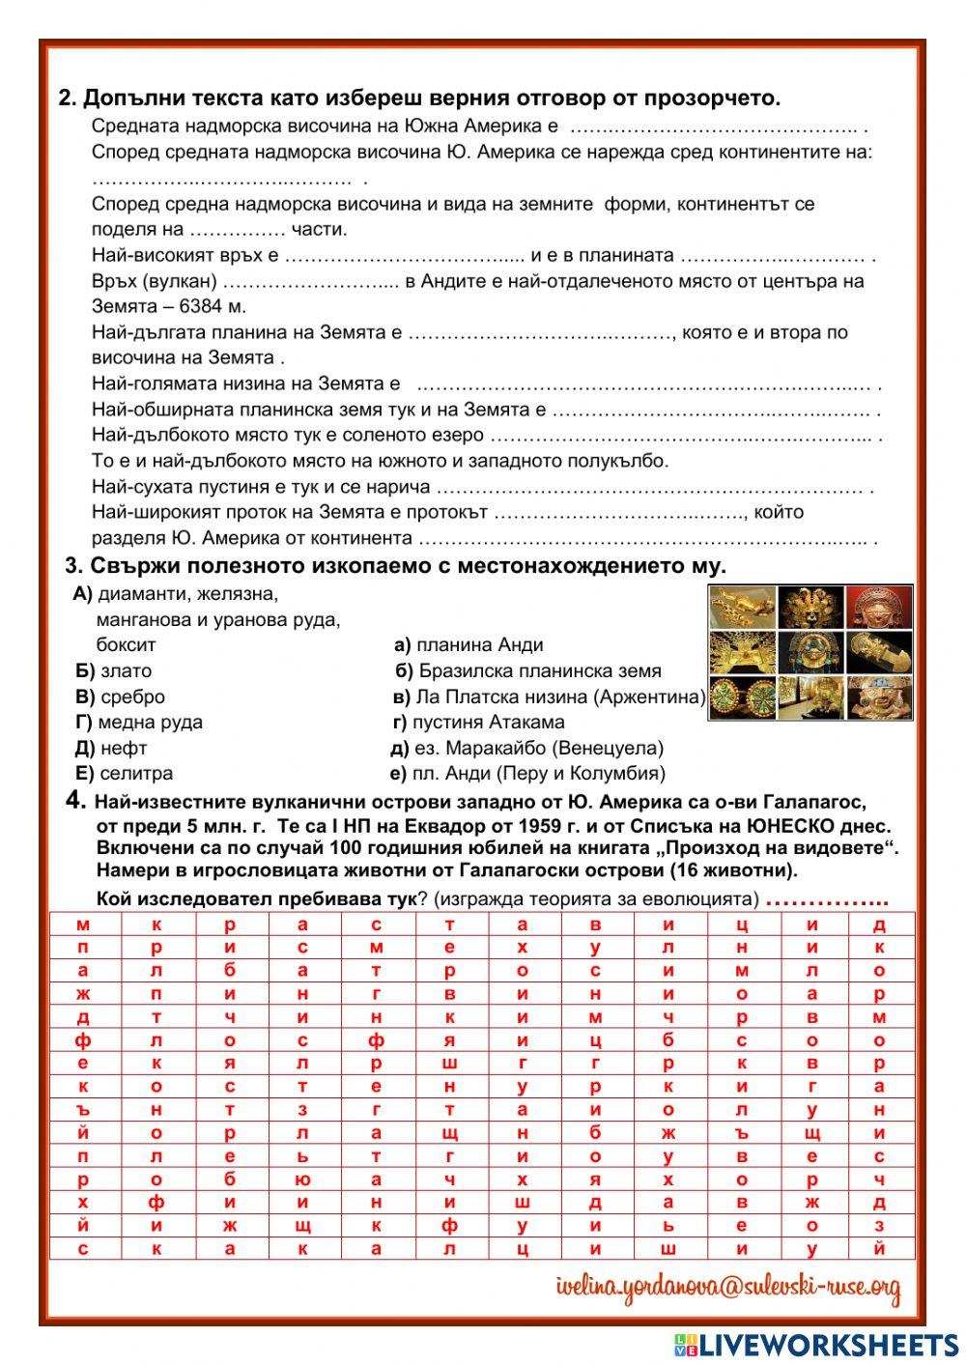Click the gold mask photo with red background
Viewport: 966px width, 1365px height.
pyautogui.click(x=879, y=607)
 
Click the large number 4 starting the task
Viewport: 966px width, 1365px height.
pyautogui.click(x=75, y=800)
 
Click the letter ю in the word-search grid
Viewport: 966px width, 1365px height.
pyautogui.click(x=302, y=1180)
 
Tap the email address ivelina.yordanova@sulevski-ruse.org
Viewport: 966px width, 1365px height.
pyautogui.click(x=728, y=1288)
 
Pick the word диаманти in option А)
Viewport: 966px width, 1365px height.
pyautogui.click(x=137, y=593)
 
